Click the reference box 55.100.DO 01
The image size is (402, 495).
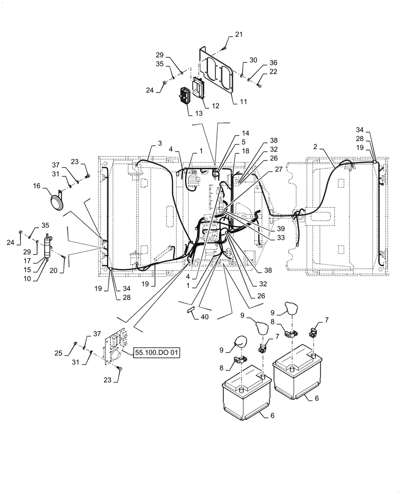pyautogui.click(x=156, y=353)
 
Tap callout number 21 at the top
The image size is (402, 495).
pyautogui.click(x=239, y=34)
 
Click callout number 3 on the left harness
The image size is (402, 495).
pyautogui.click(x=160, y=144)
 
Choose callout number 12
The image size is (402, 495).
pyautogui.click(x=215, y=105)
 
